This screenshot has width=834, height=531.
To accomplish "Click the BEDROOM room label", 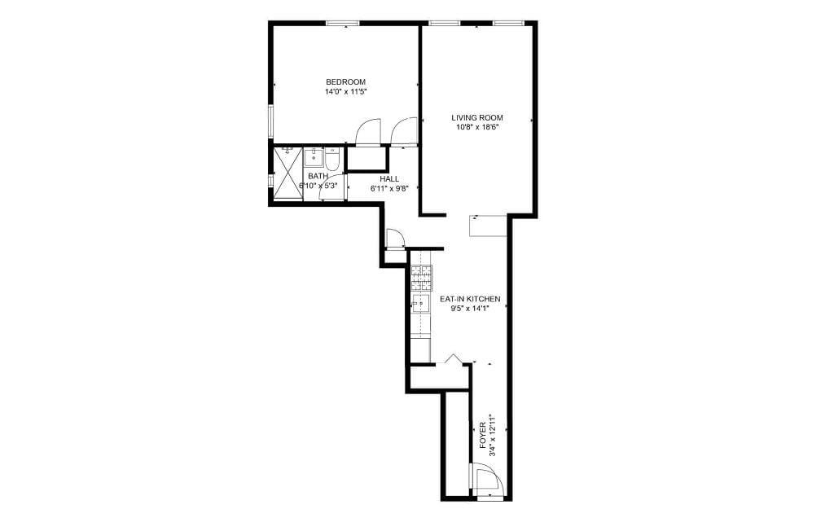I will (x=345, y=81).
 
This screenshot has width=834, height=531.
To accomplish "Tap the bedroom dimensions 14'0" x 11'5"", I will (x=345, y=92).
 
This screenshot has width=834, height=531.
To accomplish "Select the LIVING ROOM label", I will (x=476, y=117).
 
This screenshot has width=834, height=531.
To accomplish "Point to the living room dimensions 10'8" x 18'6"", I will (x=476, y=127).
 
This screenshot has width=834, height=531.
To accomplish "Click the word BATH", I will (x=318, y=176).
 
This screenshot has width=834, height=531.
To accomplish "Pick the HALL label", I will (x=389, y=179).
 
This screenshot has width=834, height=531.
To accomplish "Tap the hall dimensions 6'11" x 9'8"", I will (x=389, y=189).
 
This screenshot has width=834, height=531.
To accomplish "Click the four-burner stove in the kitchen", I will (x=421, y=279).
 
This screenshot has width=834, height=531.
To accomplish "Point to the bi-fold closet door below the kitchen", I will (x=454, y=358).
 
